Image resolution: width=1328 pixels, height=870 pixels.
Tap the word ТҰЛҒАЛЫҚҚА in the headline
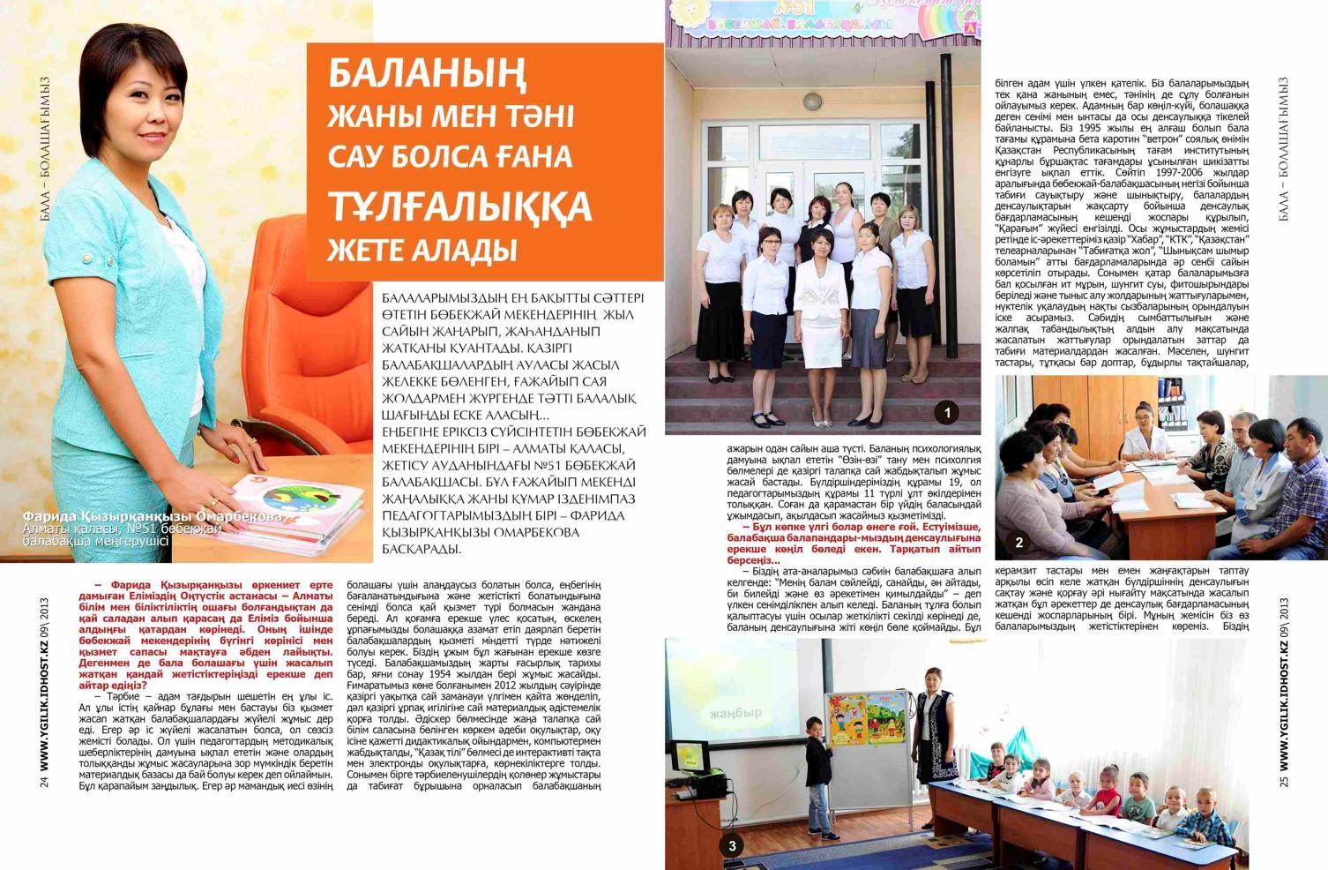[460, 206]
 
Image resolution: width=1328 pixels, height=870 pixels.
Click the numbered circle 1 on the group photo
[947, 412]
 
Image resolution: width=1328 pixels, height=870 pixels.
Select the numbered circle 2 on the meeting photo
[1019, 543]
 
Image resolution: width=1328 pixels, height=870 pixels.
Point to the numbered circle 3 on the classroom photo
[732, 846]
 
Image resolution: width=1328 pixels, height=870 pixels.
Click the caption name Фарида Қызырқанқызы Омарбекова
[152, 516]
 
